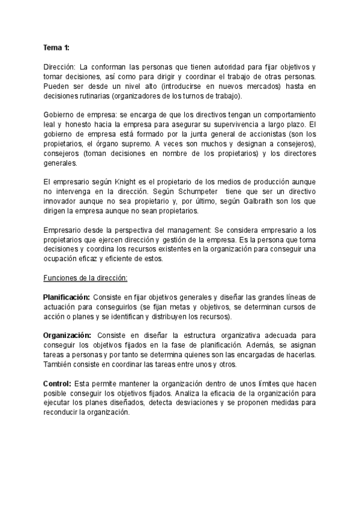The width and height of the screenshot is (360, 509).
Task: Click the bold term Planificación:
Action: [x=67, y=297]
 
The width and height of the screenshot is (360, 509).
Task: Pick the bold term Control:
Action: [x=57, y=383]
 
